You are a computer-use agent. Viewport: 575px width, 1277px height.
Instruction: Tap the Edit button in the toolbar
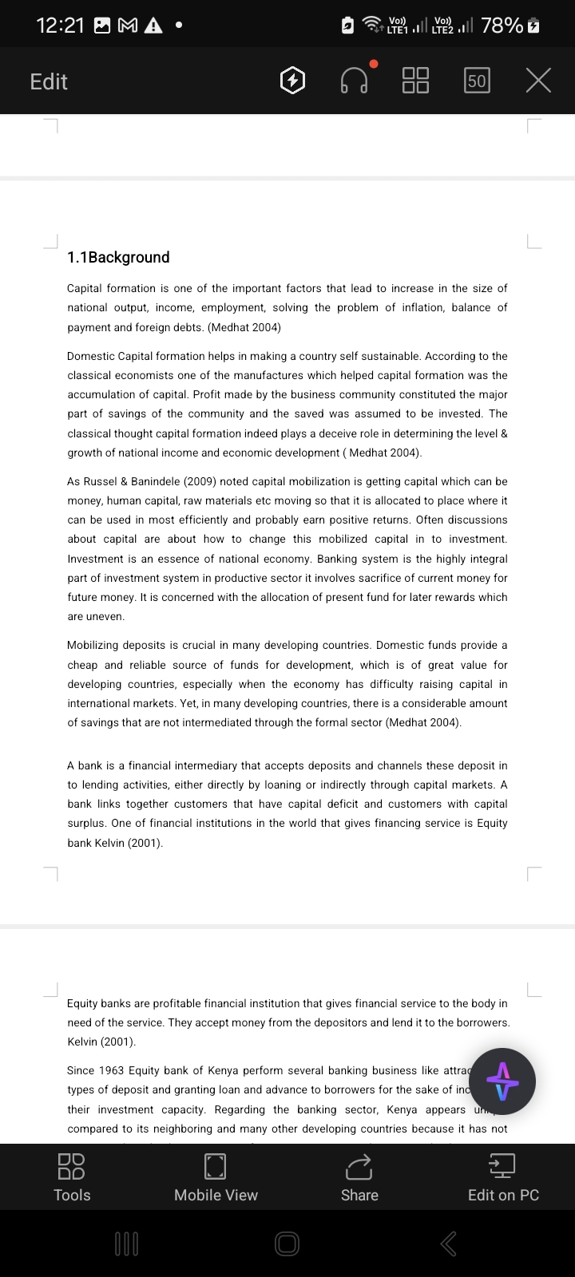49,81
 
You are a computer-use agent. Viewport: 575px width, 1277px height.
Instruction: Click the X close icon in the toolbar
539,81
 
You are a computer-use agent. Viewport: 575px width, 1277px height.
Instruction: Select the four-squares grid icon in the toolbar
415,81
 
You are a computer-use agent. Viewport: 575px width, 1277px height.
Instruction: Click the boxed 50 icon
477,81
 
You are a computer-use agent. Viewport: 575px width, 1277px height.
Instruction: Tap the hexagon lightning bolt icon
293,81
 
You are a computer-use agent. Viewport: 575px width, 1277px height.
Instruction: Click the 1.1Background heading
118,257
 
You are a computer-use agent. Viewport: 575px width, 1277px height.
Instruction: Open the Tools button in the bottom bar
72,1176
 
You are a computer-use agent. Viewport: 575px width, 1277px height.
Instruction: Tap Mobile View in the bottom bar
216,1176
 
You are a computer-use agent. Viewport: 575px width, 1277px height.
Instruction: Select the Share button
359,1176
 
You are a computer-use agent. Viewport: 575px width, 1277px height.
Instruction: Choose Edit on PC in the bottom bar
503,1176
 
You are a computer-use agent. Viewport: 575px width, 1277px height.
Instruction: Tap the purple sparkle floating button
502,1081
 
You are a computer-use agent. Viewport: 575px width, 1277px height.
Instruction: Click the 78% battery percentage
502,26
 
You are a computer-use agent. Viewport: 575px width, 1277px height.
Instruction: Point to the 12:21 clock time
61,26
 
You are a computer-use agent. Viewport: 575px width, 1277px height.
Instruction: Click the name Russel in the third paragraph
105,481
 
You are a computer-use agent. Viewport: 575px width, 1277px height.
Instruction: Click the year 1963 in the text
109,1070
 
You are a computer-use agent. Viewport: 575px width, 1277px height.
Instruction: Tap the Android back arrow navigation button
449,1243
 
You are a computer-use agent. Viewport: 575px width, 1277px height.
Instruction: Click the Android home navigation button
287,1243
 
